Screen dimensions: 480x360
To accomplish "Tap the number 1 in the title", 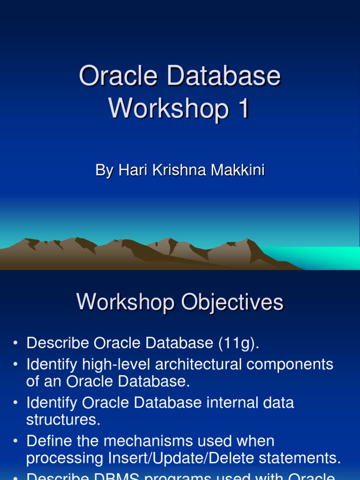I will [x=243, y=109].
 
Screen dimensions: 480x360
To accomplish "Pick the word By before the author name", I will [x=104, y=170].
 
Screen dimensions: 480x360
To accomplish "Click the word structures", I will [x=63, y=420].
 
